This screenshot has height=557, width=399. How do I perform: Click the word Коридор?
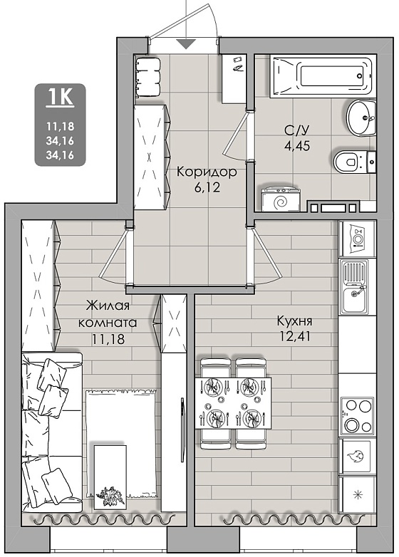coord(207,172)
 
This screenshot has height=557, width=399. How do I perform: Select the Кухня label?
coord(294,321)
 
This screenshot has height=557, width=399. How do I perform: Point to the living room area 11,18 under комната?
coord(108,339)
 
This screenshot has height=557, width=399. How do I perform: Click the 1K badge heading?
coord(60,96)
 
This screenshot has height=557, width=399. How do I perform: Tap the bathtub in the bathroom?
coord(323,76)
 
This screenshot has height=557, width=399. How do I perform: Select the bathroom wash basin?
coord(361,118)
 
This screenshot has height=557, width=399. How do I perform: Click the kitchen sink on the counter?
coord(353,287)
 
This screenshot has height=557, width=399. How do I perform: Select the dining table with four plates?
coord(234,404)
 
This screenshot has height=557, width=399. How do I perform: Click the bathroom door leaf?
coord(237,133)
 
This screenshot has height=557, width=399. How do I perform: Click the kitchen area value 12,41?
coord(294,335)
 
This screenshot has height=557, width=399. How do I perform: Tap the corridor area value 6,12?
coord(207,187)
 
